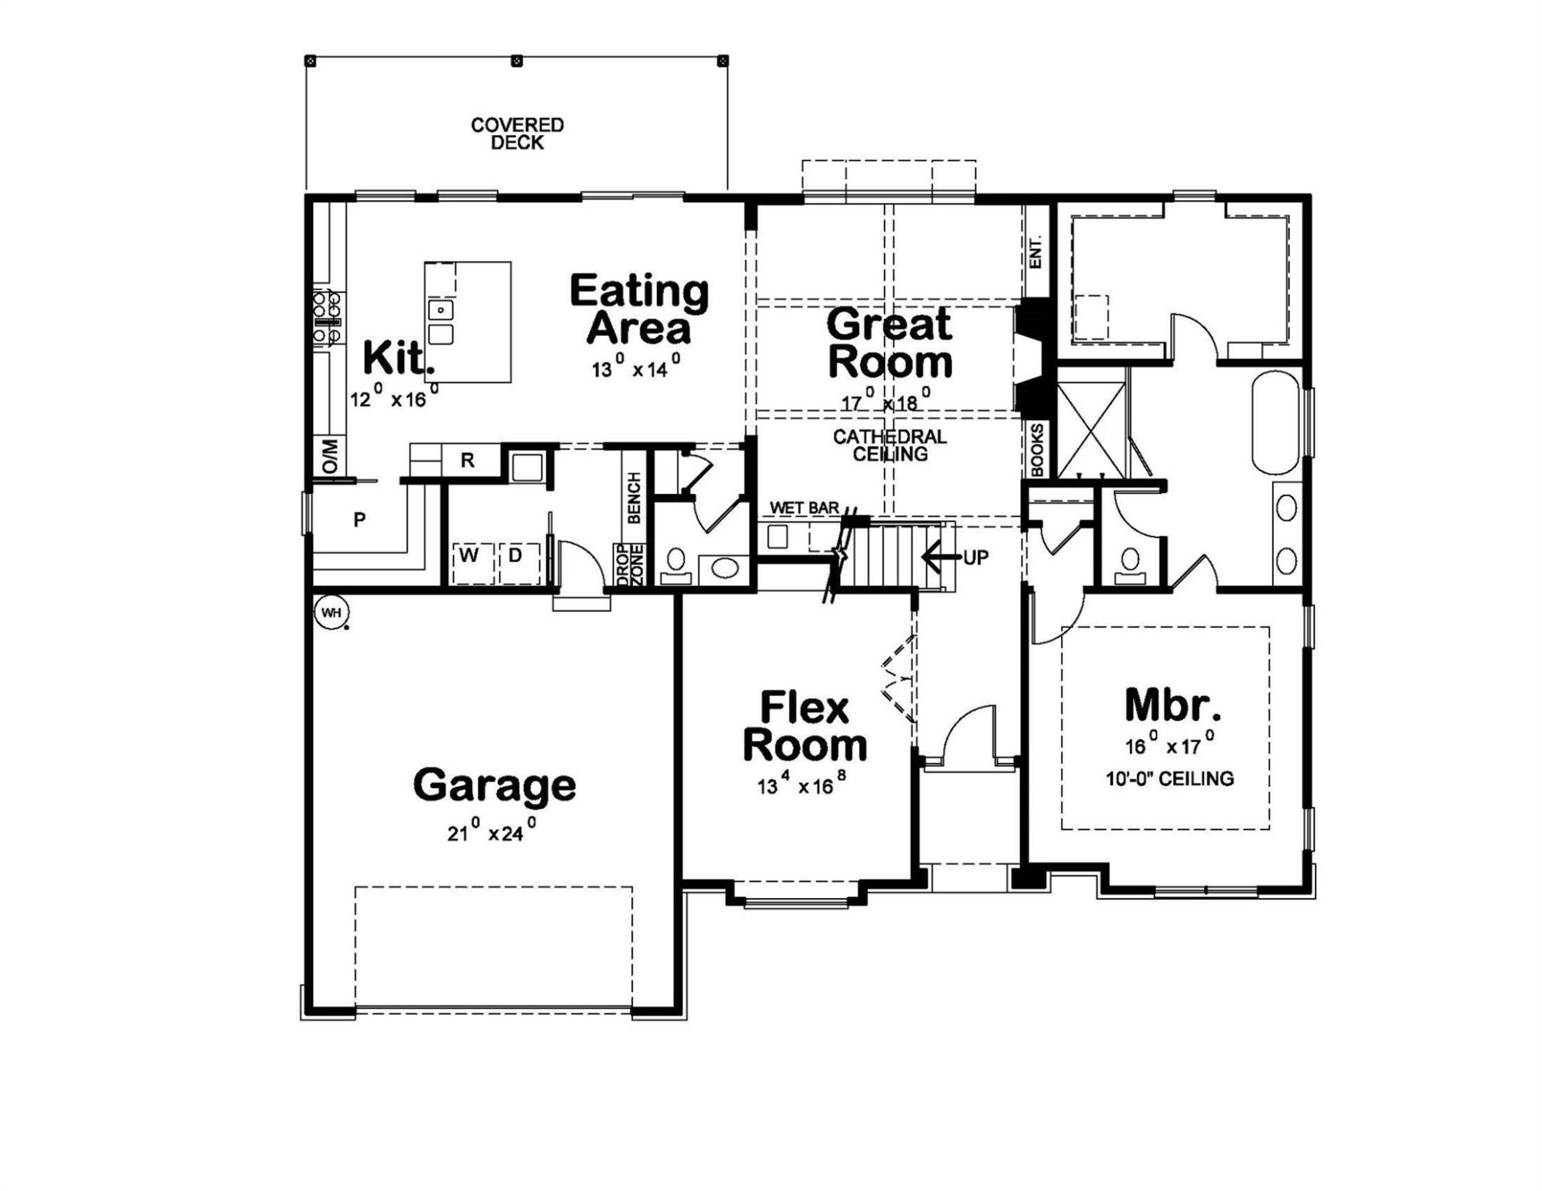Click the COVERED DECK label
[x=517, y=134]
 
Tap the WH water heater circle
[x=331, y=613]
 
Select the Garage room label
[x=494, y=785]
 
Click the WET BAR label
[x=804, y=508]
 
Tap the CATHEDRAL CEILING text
[x=890, y=446]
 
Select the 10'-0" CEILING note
[x=1169, y=778]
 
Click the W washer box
[x=470, y=555]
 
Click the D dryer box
[x=516, y=555]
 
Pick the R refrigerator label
[x=467, y=460]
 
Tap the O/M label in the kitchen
[x=330, y=456]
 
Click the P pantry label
[x=360, y=520]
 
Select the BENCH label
[x=634, y=498]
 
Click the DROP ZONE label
[x=630, y=565]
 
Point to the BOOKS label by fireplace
[x=1037, y=450]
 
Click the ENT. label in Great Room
[x=1036, y=251]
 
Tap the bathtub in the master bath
[x=1275, y=422]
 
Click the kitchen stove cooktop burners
[x=327, y=317]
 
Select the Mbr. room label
[x=1173, y=705]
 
